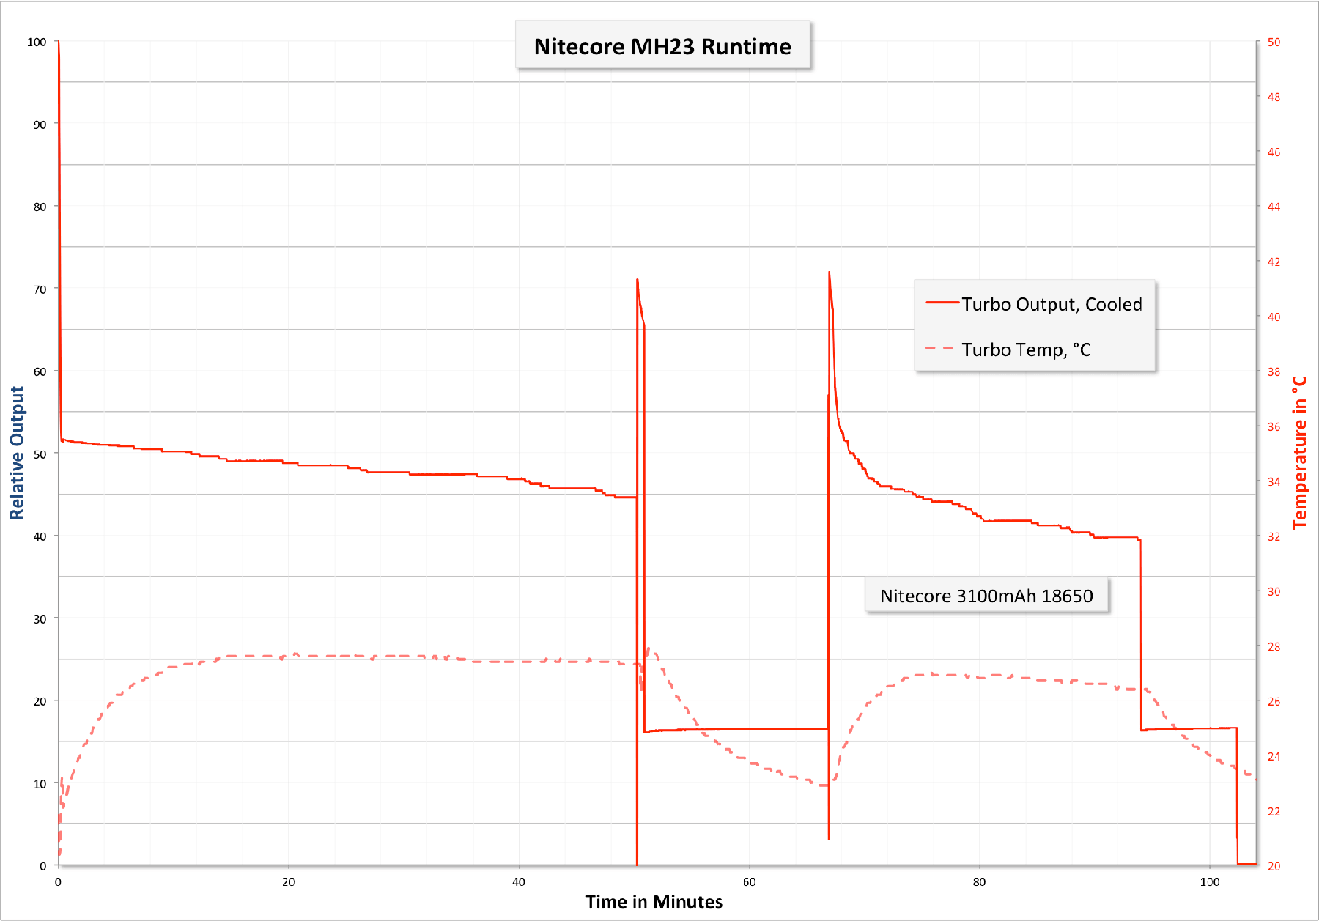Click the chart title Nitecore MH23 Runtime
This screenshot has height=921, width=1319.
click(662, 46)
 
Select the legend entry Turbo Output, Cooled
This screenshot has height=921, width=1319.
click(1051, 304)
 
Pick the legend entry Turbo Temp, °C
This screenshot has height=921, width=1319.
click(1026, 349)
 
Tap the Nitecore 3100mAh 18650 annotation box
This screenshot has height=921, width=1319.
click(986, 596)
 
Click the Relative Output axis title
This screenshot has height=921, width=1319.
click(17, 453)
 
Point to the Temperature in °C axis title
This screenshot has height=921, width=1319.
click(1299, 452)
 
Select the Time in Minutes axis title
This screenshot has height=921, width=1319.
click(654, 901)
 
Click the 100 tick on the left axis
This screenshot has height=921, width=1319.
click(37, 42)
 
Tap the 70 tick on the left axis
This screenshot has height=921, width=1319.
click(40, 289)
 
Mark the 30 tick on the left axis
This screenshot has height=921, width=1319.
click(40, 619)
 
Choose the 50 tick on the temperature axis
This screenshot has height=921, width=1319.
click(1274, 42)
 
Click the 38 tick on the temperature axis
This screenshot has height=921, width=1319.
click(1274, 371)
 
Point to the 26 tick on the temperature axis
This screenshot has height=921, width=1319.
click(1274, 701)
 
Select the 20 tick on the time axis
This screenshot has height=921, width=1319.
click(289, 881)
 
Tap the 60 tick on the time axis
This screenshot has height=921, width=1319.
click(749, 881)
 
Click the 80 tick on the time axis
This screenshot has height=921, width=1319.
click(979, 881)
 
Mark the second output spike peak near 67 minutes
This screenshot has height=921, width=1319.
click(829, 273)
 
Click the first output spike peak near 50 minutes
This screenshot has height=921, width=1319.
click(638, 280)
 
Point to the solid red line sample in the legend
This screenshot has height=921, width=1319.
click(942, 302)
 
